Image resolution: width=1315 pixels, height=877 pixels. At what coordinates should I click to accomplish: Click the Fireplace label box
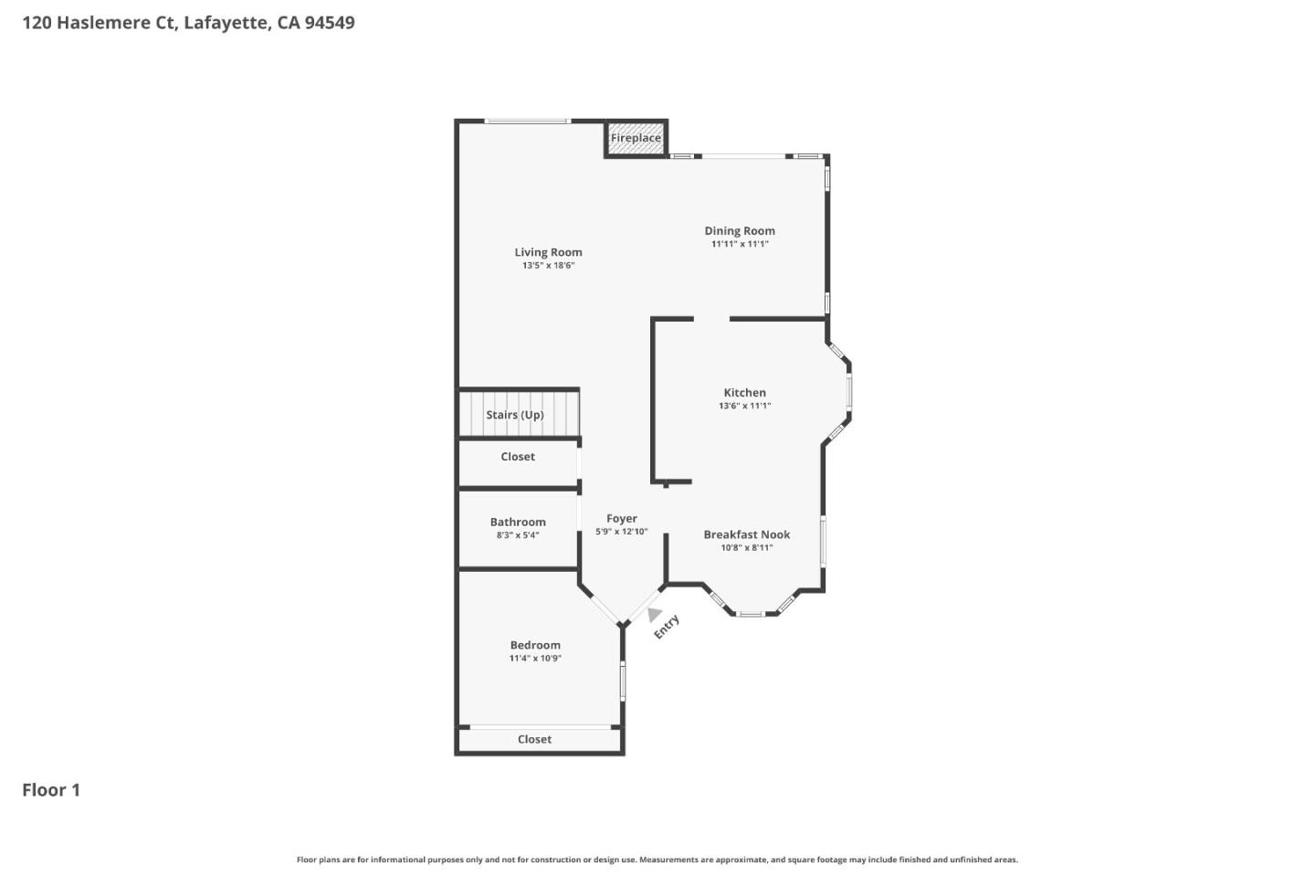click(x=636, y=139)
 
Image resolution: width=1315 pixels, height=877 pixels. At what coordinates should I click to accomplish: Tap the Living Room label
click(x=548, y=252)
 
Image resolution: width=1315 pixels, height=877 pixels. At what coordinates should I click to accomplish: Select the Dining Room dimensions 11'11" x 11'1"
click(x=740, y=244)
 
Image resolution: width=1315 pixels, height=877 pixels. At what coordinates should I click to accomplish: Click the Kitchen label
click(x=745, y=393)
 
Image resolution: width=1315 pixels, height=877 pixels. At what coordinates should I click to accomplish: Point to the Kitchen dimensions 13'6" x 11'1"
click(x=745, y=406)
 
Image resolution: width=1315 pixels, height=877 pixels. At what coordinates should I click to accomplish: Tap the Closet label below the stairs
click(x=518, y=457)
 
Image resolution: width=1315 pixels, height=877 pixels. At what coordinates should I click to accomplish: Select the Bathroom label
click(x=518, y=523)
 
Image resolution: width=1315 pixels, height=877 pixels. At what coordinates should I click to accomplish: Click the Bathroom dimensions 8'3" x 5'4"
click(x=518, y=535)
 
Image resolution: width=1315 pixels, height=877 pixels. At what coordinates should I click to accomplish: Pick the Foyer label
click(x=622, y=518)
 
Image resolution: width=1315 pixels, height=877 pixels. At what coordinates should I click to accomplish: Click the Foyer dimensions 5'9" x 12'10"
click(x=622, y=532)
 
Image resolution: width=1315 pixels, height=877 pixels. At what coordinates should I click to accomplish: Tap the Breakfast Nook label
click(x=747, y=534)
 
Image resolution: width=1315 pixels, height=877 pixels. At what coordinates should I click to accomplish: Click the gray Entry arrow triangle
click(x=654, y=614)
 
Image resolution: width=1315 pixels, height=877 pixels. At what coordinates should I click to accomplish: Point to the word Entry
click(x=667, y=627)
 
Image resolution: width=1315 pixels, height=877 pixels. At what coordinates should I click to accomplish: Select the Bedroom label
click(x=535, y=645)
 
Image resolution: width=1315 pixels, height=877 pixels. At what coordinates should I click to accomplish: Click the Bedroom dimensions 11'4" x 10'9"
click(x=535, y=658)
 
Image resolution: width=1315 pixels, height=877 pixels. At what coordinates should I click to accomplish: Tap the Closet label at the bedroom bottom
click(x=535, y=739)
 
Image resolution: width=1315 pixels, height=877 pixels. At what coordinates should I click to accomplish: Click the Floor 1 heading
click(x=51, y=790)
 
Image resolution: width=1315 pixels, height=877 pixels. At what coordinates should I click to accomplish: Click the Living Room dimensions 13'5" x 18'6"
click(x=548, y=266)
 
